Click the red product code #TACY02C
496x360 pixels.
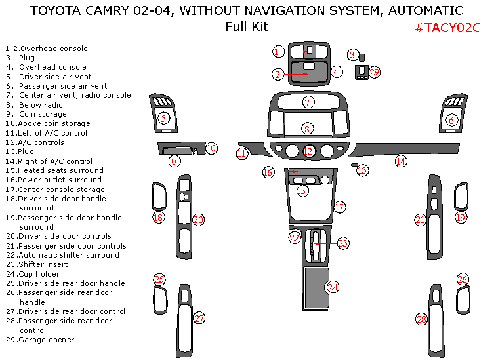tap(447, 28)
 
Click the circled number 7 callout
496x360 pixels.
tap(308, 102)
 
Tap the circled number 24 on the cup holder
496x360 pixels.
tap(333, 287)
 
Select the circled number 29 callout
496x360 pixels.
tap(375, 72)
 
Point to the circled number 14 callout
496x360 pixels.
tap(401, 161)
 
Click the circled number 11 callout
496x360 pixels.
tap(242, 153)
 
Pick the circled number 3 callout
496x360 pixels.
tap(352, 56)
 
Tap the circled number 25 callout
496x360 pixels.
tap(159, 280)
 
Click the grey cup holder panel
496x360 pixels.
tap(316, 289)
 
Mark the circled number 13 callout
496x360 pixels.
tap(362, 170)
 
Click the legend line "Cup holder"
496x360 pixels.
tap(39, 274)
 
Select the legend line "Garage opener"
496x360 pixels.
tap(46, 340)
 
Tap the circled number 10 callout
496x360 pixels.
tap(211, 148)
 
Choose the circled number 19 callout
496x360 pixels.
tap(460, 217)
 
